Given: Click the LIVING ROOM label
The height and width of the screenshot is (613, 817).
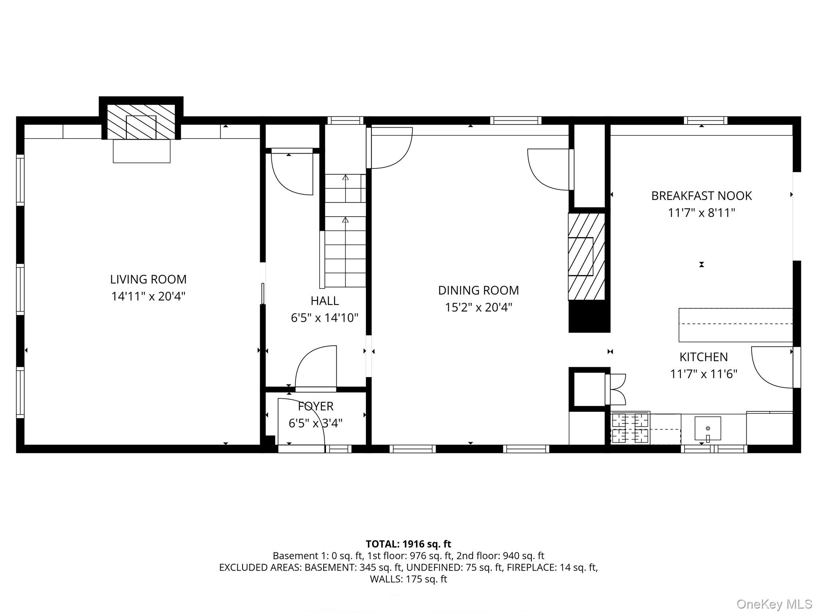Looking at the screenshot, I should click(148, 279).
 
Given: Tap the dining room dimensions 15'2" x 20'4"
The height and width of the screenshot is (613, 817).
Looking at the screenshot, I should click(478, 307).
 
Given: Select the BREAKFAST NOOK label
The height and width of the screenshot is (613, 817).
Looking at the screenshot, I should click(701, 196).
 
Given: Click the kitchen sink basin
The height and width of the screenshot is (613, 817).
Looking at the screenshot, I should click(708, 428).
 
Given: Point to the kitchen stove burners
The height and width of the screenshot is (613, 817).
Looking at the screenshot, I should click(630, 429).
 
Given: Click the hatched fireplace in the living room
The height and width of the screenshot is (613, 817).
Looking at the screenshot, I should click(141, 122).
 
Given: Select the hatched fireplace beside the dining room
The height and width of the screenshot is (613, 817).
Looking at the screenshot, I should click(586, 256).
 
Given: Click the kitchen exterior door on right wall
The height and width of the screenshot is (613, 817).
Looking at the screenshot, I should click(772, 367).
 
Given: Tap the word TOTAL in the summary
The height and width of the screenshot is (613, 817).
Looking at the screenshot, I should click(382, 544).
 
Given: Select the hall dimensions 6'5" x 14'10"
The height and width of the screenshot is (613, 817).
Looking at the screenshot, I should click(324, 318).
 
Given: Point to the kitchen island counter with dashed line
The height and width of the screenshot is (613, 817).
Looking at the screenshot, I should click(735, 324).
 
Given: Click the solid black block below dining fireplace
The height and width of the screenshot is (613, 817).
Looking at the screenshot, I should click(589, 316).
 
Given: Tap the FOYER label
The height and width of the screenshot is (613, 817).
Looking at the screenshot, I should click(315, 406).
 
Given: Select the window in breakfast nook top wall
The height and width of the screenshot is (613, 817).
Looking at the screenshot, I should click(705, 120).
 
